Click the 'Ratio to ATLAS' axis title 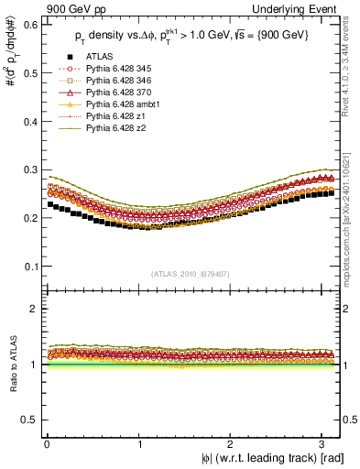(x=11, y=365)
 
